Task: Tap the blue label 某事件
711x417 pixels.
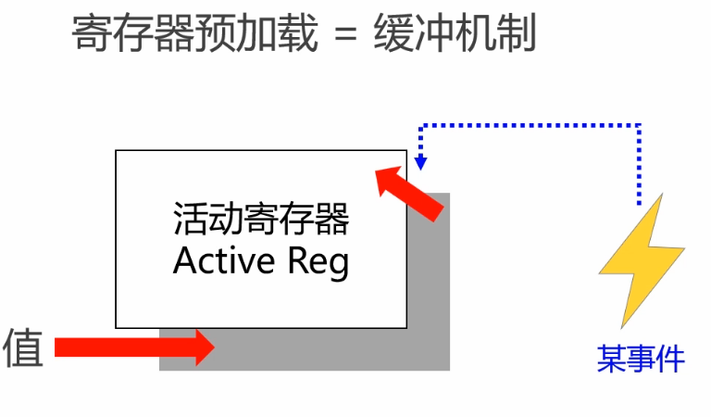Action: pyautogui.click(x=641, y=359)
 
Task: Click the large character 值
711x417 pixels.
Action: pyautogui.click(x=23, y=347)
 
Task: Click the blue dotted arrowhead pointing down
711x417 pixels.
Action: pyautogui.click(x=421, y=163)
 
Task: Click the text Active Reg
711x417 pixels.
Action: pyautogui.click(x=261, y=261)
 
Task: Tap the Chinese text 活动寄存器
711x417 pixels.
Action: pyautogui.click(x=261, y=221)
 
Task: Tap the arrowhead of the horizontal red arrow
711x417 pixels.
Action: pyautogui.click(x=206, y=347)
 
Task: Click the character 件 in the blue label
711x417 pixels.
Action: pyautogui.click(x=669, y=359)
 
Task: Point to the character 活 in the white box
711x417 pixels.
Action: pyautogui.click(x=189, y=221)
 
